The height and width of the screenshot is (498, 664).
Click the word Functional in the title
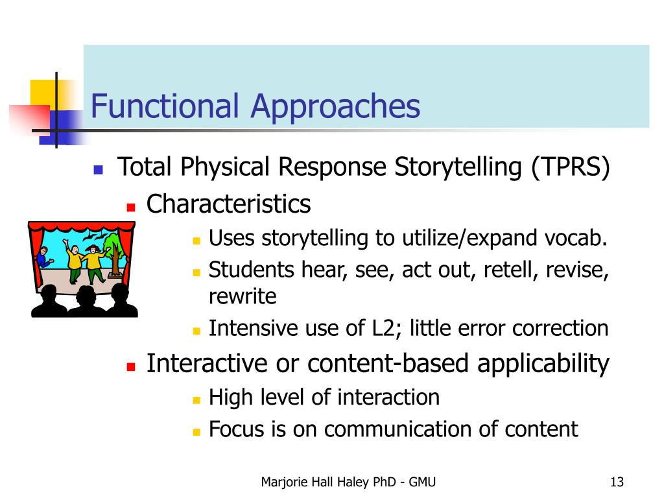165,106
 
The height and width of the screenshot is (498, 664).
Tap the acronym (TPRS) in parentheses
571,167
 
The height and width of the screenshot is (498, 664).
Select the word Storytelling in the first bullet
458,167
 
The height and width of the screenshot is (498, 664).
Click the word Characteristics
229,204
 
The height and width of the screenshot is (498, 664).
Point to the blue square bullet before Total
99,170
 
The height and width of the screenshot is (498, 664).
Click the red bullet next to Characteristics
131,207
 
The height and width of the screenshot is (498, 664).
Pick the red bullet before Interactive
131,366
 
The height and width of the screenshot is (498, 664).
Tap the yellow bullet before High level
196,400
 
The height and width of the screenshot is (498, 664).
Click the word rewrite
243,296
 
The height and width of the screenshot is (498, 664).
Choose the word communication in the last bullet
397,429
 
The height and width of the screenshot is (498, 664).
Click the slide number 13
617,482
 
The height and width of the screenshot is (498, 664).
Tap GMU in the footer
422,482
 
